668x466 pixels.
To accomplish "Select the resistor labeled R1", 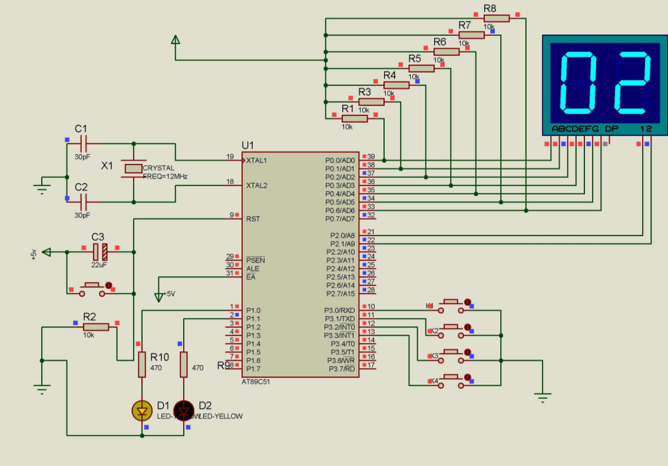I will point(354,119).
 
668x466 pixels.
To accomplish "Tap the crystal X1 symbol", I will point(134,169).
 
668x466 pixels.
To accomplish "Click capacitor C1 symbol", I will point(82,143).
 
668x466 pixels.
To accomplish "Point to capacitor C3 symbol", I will point(100,252).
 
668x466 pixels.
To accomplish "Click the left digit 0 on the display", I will point(578,82).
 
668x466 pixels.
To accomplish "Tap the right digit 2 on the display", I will point(631,82).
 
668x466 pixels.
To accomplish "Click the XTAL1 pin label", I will point(257,160).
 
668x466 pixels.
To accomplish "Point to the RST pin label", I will point(253,219).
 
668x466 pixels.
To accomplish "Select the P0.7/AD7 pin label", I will point(340,219).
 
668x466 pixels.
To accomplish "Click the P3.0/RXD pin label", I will point(340,310).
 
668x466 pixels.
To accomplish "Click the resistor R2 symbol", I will point(95,326).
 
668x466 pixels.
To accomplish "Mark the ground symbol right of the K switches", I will point(543,396).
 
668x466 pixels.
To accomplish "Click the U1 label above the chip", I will point(248,145).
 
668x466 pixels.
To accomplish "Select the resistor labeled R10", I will point(142,364).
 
